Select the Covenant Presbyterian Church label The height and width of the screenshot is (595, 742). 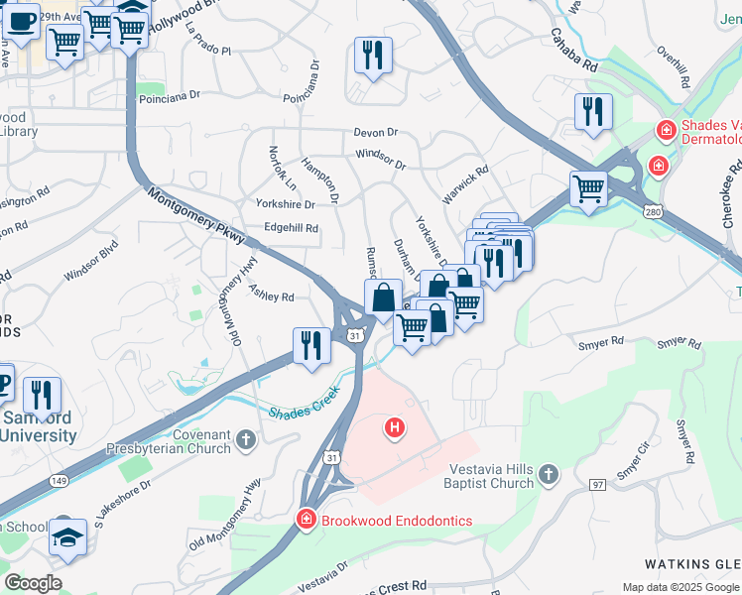click(182, 442)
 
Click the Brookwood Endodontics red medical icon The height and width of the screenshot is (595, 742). click(307, 519)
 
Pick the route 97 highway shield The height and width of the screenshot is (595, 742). click(596, 484)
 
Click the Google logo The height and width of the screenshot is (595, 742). click(32, 583)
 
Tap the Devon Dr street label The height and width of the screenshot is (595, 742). click(375, 132)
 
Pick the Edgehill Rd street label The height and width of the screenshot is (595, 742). click(291, 228)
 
